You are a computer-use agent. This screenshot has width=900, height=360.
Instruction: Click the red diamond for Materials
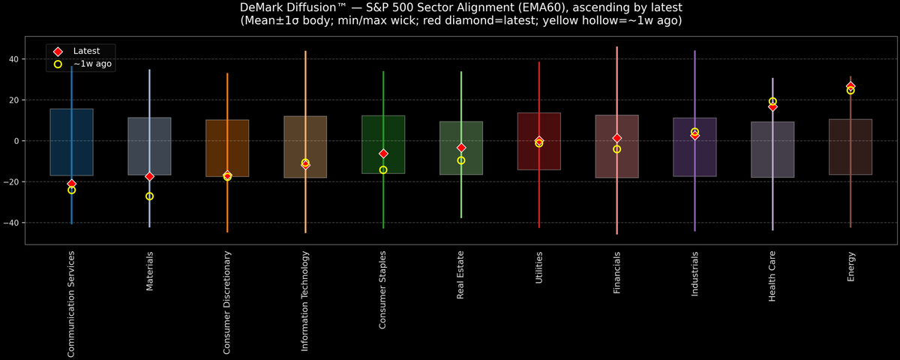click(149, 176)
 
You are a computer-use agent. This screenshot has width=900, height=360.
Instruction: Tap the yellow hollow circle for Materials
click(149, 196)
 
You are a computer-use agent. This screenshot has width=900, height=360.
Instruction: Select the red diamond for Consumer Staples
click(383, 154)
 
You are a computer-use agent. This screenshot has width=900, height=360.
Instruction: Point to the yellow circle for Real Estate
click(461, 160)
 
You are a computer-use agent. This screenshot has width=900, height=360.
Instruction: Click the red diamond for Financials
click(617, 138)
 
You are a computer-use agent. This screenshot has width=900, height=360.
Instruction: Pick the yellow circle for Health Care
click(772, 101)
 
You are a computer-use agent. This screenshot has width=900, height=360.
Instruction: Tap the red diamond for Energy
click(850, 86)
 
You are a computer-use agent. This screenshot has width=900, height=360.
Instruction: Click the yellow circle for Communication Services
click(71, 190)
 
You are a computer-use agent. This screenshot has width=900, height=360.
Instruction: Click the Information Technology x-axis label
click(305, 301)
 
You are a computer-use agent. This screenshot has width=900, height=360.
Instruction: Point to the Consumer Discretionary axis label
click(227, 302)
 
